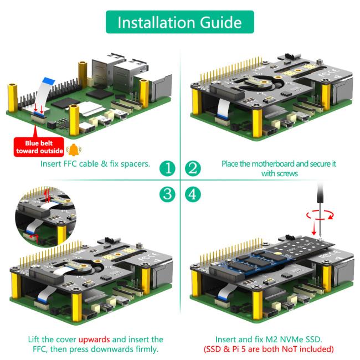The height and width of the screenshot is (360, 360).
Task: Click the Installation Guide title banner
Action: point(179,22)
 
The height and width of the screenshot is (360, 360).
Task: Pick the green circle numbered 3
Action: point(167,194)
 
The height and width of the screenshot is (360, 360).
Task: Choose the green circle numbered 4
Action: point(192,194)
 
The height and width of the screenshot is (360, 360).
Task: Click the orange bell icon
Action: point(73,150)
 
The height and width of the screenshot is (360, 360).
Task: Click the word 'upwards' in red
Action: point(95,339)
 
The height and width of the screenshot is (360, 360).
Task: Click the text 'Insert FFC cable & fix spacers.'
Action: point(95,164)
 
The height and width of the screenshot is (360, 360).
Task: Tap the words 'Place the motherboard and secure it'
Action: point(279,164)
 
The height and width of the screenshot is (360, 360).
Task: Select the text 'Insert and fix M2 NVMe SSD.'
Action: point(275,339)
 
